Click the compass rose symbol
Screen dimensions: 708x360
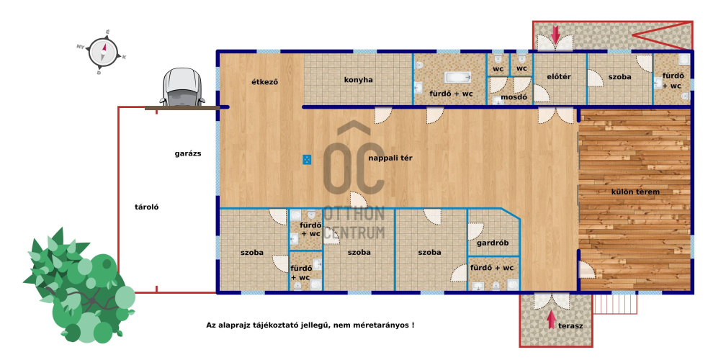point(103,52)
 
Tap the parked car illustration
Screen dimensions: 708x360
point(182,87)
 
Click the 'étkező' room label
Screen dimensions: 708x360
point(264,82)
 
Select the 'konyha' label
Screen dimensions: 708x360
point(359,80)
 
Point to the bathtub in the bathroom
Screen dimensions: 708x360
point(458,78)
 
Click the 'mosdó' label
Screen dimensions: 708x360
point(514,96)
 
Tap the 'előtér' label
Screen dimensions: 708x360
point(559,77)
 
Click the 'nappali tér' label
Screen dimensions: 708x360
point(390,158)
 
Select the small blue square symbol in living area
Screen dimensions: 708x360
point(307,159)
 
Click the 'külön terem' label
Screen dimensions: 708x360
point(635,192)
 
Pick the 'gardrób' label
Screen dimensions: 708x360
point(493,243)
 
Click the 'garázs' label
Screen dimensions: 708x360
point(188,153)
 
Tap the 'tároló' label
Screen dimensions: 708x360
point(147,207)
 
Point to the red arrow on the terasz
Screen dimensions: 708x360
point(551,320)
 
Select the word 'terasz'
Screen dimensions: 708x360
point(570,325)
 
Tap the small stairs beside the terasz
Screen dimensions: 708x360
point(614,304)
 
